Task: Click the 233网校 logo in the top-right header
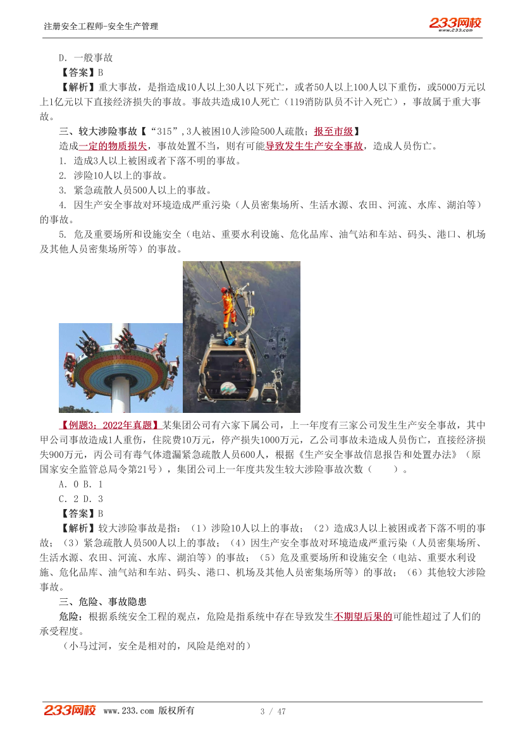click(x=455, y=23)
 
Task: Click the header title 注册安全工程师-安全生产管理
click(x=101, y=26)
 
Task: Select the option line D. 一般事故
click(x=85, y=58)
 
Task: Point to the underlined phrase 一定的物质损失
click(x=113, y=146)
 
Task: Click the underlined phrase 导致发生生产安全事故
click(x=314, y=146)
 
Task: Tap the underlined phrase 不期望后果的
click(x=363, y=616)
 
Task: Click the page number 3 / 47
click(x=273, y=711)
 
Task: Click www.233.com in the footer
click(x=128, y=711)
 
